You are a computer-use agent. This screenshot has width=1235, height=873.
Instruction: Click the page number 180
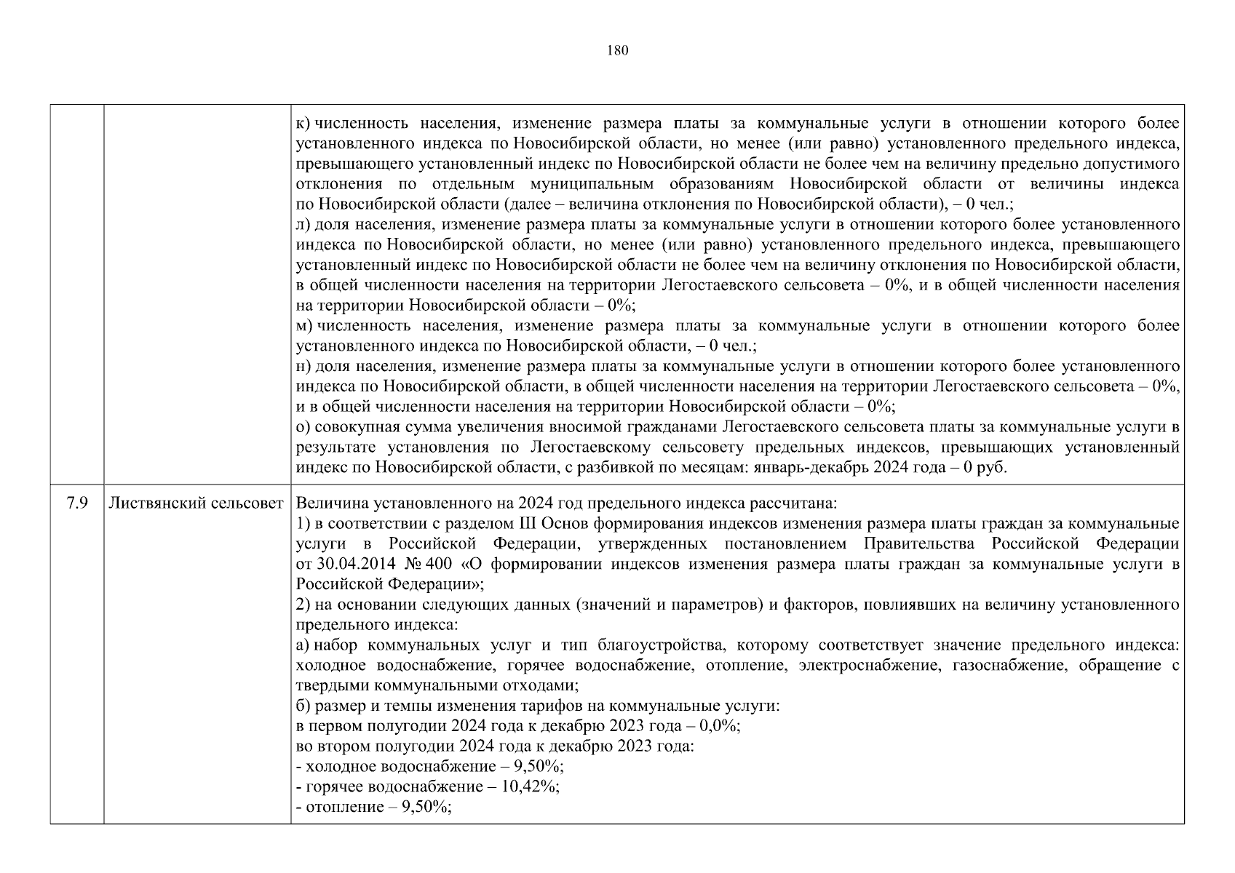[616, 50]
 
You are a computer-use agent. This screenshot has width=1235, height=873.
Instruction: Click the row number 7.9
[77, 503]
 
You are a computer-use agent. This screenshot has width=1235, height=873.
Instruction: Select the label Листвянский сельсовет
[196, 503]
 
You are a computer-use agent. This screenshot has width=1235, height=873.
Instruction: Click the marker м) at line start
[304, 325]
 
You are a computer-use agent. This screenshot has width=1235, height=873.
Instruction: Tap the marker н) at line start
[304, 366]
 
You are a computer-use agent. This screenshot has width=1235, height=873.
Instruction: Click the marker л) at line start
[304, 225]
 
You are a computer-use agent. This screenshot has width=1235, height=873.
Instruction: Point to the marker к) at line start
[303, 124]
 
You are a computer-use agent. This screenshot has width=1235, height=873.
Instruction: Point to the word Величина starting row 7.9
[325, 503]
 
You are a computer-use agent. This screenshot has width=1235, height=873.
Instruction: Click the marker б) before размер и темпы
[304, 706]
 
